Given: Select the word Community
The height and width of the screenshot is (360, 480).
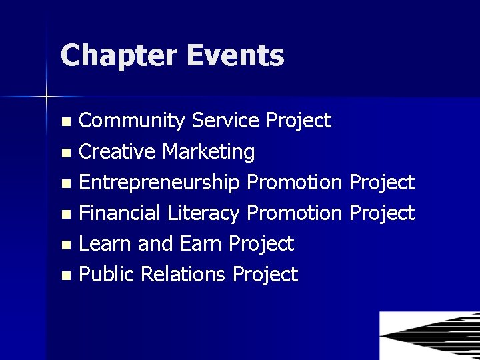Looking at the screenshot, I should tap(132, 121).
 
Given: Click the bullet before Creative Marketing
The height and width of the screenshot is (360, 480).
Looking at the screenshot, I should tap(65, 153).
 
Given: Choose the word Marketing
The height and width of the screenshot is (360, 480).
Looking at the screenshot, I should tap(209, 152).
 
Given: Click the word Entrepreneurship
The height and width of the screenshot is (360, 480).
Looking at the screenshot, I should tap(161, 183).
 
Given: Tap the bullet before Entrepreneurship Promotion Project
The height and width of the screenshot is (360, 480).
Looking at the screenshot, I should tap(65, 184).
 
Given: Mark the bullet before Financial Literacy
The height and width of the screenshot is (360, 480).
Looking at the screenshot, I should tap(65, 215).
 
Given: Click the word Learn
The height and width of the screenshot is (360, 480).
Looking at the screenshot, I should tap(106, 244).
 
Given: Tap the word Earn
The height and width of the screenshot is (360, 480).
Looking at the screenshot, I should tap(202, 244).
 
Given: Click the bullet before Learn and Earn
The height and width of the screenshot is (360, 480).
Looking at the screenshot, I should tap(65, 245).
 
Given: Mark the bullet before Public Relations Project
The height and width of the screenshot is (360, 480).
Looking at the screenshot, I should tap(65, 276).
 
